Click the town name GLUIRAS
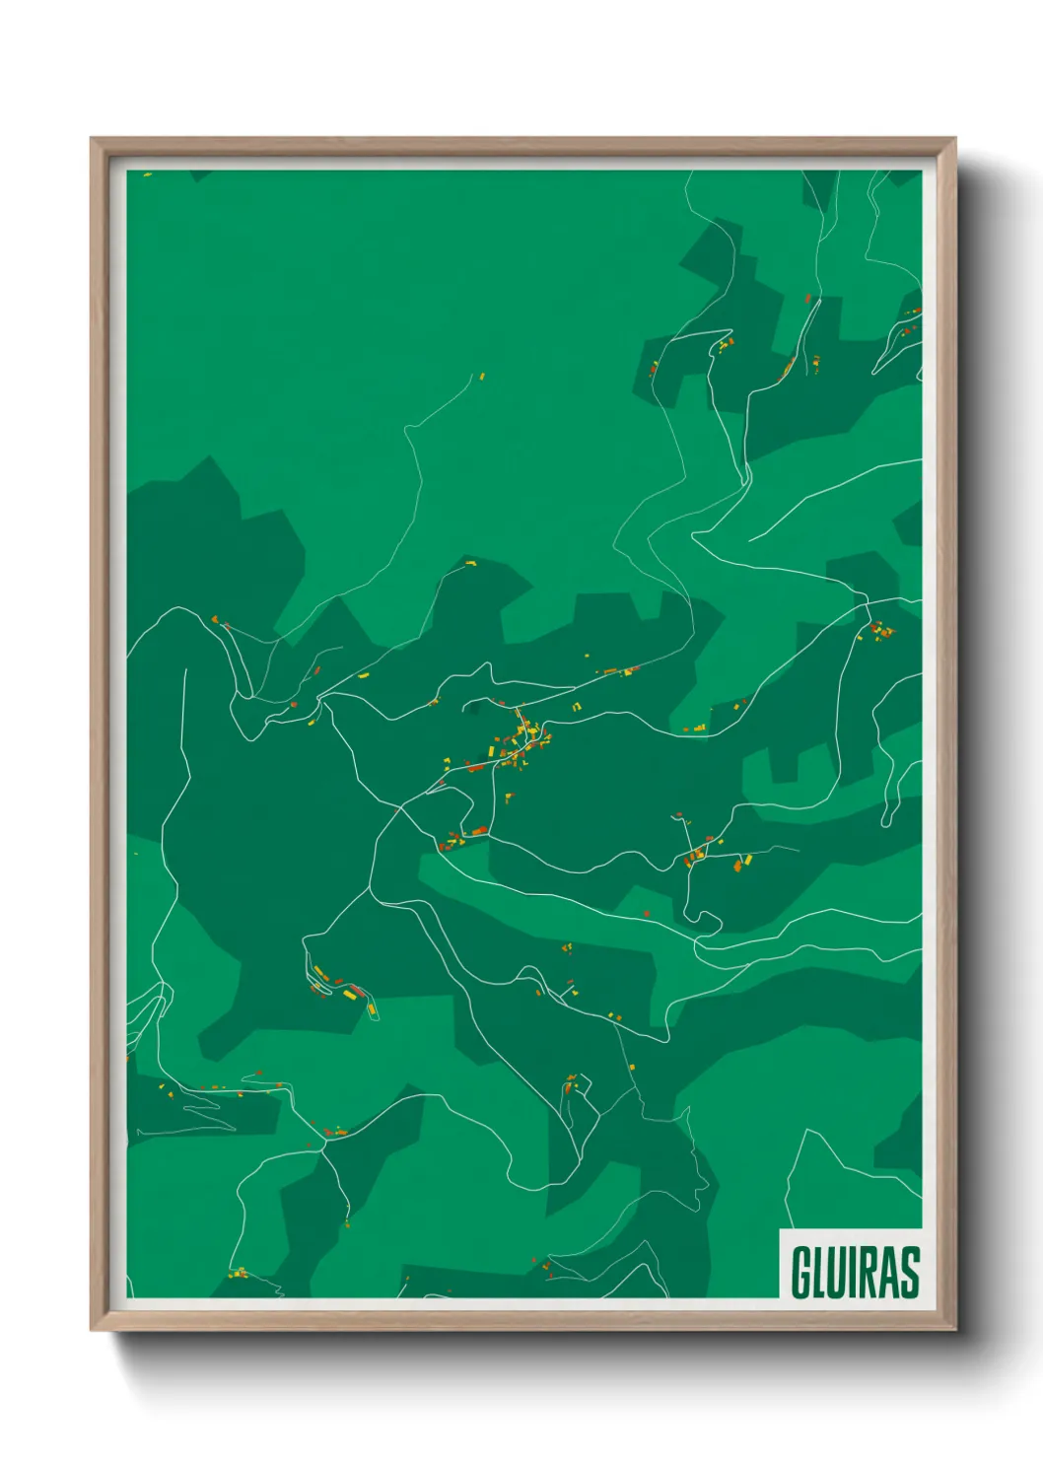(855, 1272)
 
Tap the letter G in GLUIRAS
(800, 1272)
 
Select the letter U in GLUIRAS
(835, 1272)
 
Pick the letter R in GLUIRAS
(869, 1272)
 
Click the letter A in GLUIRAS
(889, 1272)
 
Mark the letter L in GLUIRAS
(818, 1272)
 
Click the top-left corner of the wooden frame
(92, 139)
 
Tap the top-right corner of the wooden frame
(954, 139)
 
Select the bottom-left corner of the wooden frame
(92, 1330)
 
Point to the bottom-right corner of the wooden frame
(954, 1330)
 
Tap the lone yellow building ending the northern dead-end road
(482, 376)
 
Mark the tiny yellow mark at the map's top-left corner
(147, 174)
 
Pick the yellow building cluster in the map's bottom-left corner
(238, 1273)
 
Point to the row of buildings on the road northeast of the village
(616, 671)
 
